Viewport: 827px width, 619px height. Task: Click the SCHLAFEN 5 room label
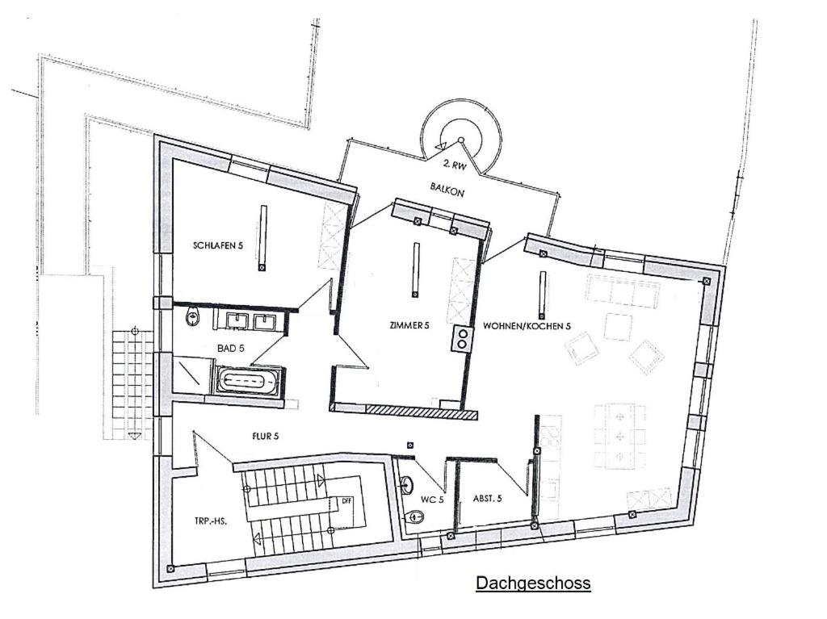[x=218, y=245]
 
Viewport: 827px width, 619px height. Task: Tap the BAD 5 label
[x=230, y=349]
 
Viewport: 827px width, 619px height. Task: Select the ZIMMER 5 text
[x=409, y=326]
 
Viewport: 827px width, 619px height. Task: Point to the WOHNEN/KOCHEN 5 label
[x=527, y=326]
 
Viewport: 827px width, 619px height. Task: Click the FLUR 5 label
[x=265, y=436]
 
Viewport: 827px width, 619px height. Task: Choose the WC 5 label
[x=431, y=500]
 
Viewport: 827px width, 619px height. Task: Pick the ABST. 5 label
[x=487, y=498]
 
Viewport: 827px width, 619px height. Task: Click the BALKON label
[x=447, y=190]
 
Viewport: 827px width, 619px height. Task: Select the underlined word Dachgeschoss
[x=533, y=583]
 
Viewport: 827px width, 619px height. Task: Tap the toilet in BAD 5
[x=193, y=318]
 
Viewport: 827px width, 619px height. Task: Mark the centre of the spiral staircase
[x=460, y=140]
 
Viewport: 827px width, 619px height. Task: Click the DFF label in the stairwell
[x=346, y=500]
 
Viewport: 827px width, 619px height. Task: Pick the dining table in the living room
[x=619, y=436]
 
